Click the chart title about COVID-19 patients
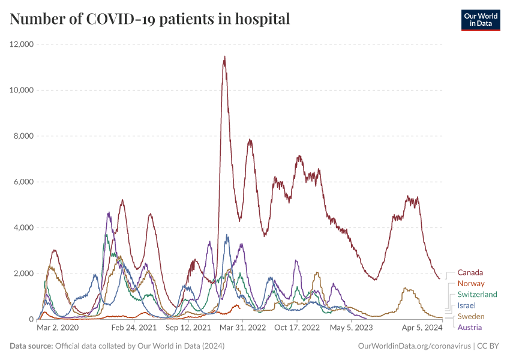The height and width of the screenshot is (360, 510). click(150, 19)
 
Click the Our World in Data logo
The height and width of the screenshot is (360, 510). click(480, 19)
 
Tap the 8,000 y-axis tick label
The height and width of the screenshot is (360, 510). click(23, 136)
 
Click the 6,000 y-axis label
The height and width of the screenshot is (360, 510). click(23, 182)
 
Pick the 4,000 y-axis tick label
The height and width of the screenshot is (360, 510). click(23, 228)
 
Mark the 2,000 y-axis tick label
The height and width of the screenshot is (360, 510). click(23, 274)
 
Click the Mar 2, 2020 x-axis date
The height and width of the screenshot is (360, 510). click(58, 328)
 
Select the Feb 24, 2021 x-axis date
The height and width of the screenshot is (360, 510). click(134, 328)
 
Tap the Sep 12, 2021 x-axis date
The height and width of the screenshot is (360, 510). click(188, 328)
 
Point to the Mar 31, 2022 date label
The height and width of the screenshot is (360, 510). click(243, 328)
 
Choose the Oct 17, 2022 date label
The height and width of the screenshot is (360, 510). click(297, 328)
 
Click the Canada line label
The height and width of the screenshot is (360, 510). click(470, 272)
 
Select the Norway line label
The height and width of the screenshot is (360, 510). click(470, 283)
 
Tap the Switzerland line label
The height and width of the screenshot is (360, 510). click(477, 295)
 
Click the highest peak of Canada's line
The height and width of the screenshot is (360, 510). click(224, 57)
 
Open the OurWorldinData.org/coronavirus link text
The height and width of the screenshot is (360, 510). click(414, 346)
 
